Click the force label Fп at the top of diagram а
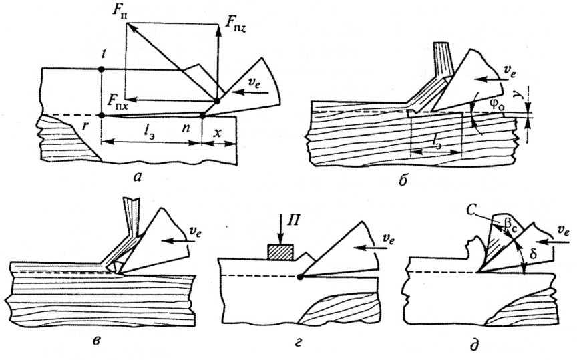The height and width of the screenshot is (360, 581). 118,11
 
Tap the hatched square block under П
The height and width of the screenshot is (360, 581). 280,252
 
